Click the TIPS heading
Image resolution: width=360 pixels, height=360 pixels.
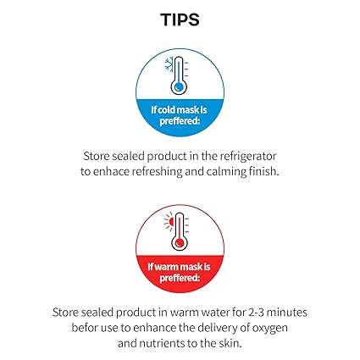click(x=180, y=19)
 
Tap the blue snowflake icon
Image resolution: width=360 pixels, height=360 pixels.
click(x=169, y=64)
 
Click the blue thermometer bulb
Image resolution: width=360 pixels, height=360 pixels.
click(x=179, y=87)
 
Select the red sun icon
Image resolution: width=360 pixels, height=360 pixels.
click(x=169, y=222)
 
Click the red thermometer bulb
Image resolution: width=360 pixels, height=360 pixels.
click(x=180, y=243)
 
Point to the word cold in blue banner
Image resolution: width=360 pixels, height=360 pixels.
click(x=168, y=109)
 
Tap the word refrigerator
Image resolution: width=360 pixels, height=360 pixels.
click(x=247, y=156)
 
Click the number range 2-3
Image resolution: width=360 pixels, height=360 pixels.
click(x=256, y=313)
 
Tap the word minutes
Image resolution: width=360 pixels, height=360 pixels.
click(x=287, y=313)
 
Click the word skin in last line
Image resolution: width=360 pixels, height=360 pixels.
click(x=230, y=343)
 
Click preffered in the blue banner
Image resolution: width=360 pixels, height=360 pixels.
click(x=180, y=121)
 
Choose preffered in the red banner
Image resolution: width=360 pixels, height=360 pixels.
click(x=180, y=279)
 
